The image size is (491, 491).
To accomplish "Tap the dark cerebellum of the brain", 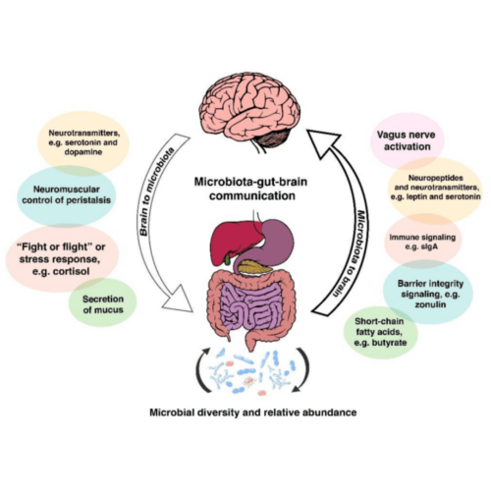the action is (273, 138).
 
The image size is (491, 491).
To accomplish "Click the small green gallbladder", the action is (228, 259).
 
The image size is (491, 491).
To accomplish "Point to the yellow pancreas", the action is (254, 267).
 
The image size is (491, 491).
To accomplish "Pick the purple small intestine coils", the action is (251, 305).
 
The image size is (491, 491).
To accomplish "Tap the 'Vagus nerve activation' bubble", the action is (407, 140).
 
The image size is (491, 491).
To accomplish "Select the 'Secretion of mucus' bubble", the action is (103, 303).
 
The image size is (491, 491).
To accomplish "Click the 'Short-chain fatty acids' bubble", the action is (380, 332).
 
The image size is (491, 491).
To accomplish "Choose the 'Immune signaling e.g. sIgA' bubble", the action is (422, 242).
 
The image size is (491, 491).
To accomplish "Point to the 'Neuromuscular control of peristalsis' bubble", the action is (67, 195).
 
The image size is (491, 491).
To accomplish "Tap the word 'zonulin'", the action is (430, 304).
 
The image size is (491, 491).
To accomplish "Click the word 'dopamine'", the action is (83, 152).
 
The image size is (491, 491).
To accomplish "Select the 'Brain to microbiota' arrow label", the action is (156, 191).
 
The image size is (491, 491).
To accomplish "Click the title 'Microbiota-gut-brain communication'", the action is (251, 189).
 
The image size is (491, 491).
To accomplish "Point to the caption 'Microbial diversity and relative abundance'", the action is (253, 412).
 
